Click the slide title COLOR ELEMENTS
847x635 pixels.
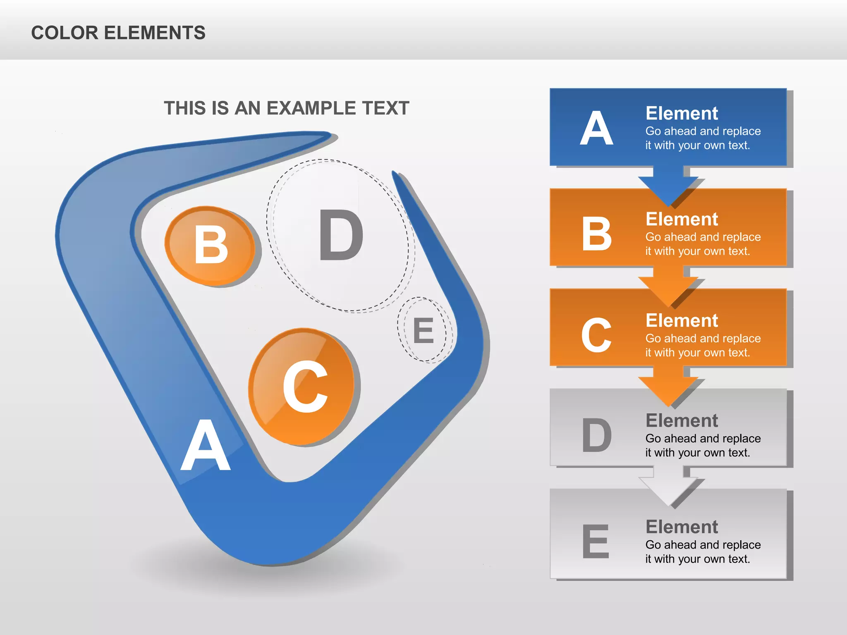[x=118, y=33]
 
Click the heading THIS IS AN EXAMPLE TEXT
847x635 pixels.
[x=286, y=108]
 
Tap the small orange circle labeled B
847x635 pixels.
[x=210, y=246]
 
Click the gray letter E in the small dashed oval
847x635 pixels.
[x=423, y=331]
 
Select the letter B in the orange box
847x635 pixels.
[x=596, y=234]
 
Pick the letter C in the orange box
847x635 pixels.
[x=596, y=335]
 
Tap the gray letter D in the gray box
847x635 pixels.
[x=596, y=435]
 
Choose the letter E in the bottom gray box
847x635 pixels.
[x=596, y=541]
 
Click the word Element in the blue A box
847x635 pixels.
[x=682, y=113]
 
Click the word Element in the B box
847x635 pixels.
[x=682, y=219]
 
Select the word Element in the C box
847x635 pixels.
[x=682, y=320]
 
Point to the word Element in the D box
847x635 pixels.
[x=682, y=421]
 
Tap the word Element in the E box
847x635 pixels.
[x=682, y=527]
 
